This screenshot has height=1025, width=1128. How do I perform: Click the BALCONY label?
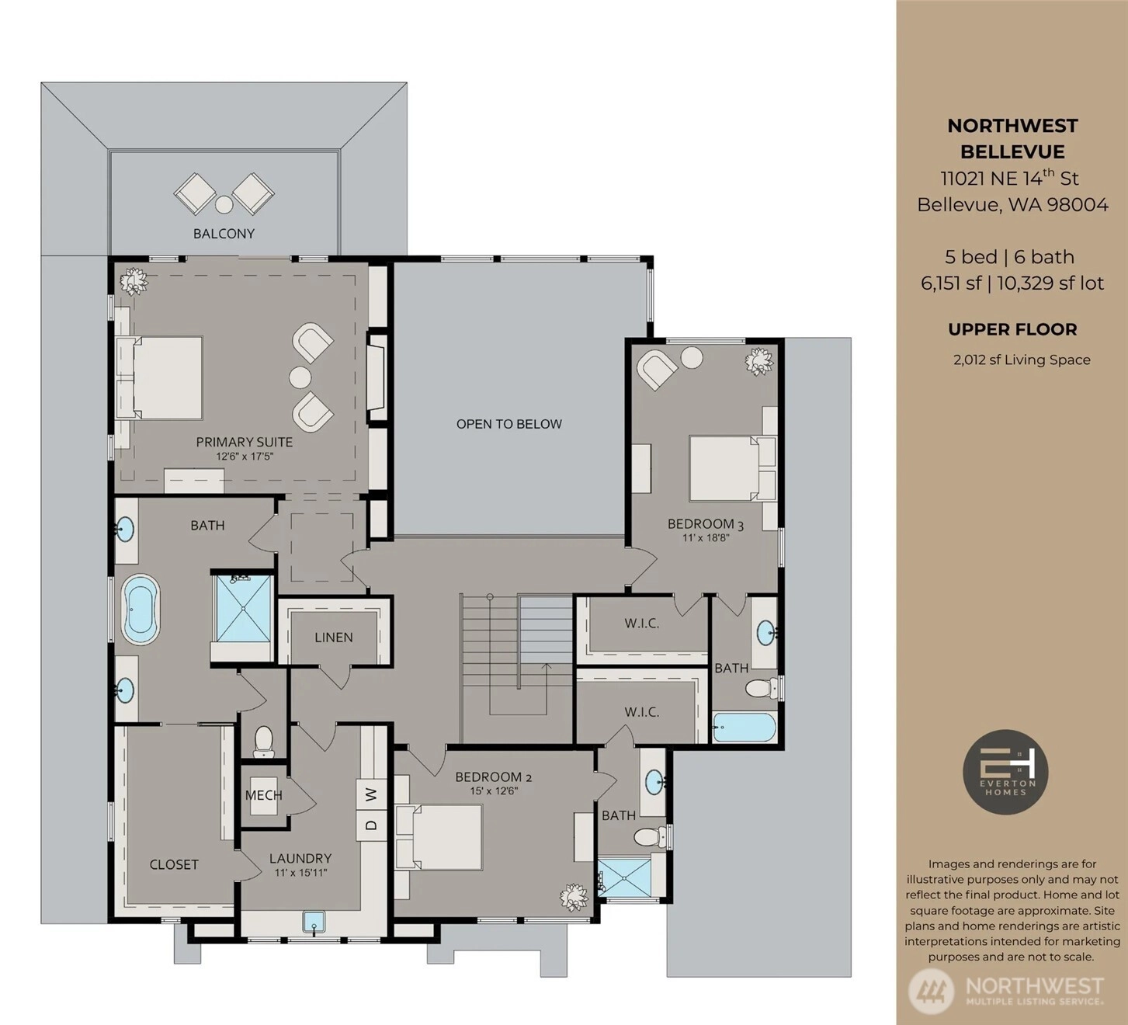coord(224,234)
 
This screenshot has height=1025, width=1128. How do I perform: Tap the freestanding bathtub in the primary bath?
coord(140,610)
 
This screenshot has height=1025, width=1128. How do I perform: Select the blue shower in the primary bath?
coord(244,608)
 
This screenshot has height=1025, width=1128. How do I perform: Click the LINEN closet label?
coord(334,638)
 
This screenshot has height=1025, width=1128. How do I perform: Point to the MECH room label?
coord(264,795)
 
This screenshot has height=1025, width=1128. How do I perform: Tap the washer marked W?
coord(372,794)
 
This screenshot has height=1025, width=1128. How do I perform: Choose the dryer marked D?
coord(372,825)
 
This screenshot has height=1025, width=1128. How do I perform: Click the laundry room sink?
coord(314,921)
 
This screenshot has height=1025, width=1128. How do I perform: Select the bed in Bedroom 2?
coord(439,837)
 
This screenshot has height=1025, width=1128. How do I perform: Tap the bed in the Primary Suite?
coord(158,377)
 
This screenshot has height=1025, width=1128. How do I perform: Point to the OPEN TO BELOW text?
coord(509,424)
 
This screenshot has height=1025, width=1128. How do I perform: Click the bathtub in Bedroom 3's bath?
coord(744,728)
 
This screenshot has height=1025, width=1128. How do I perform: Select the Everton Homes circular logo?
coord(1005,771)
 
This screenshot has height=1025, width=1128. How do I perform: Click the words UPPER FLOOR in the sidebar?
coord(1012,329)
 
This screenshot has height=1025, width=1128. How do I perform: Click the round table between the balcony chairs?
coord(224,204)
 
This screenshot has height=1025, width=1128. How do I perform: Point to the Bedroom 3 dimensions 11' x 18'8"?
coord(706,537)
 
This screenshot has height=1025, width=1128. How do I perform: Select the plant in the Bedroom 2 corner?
coord(574,897)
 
